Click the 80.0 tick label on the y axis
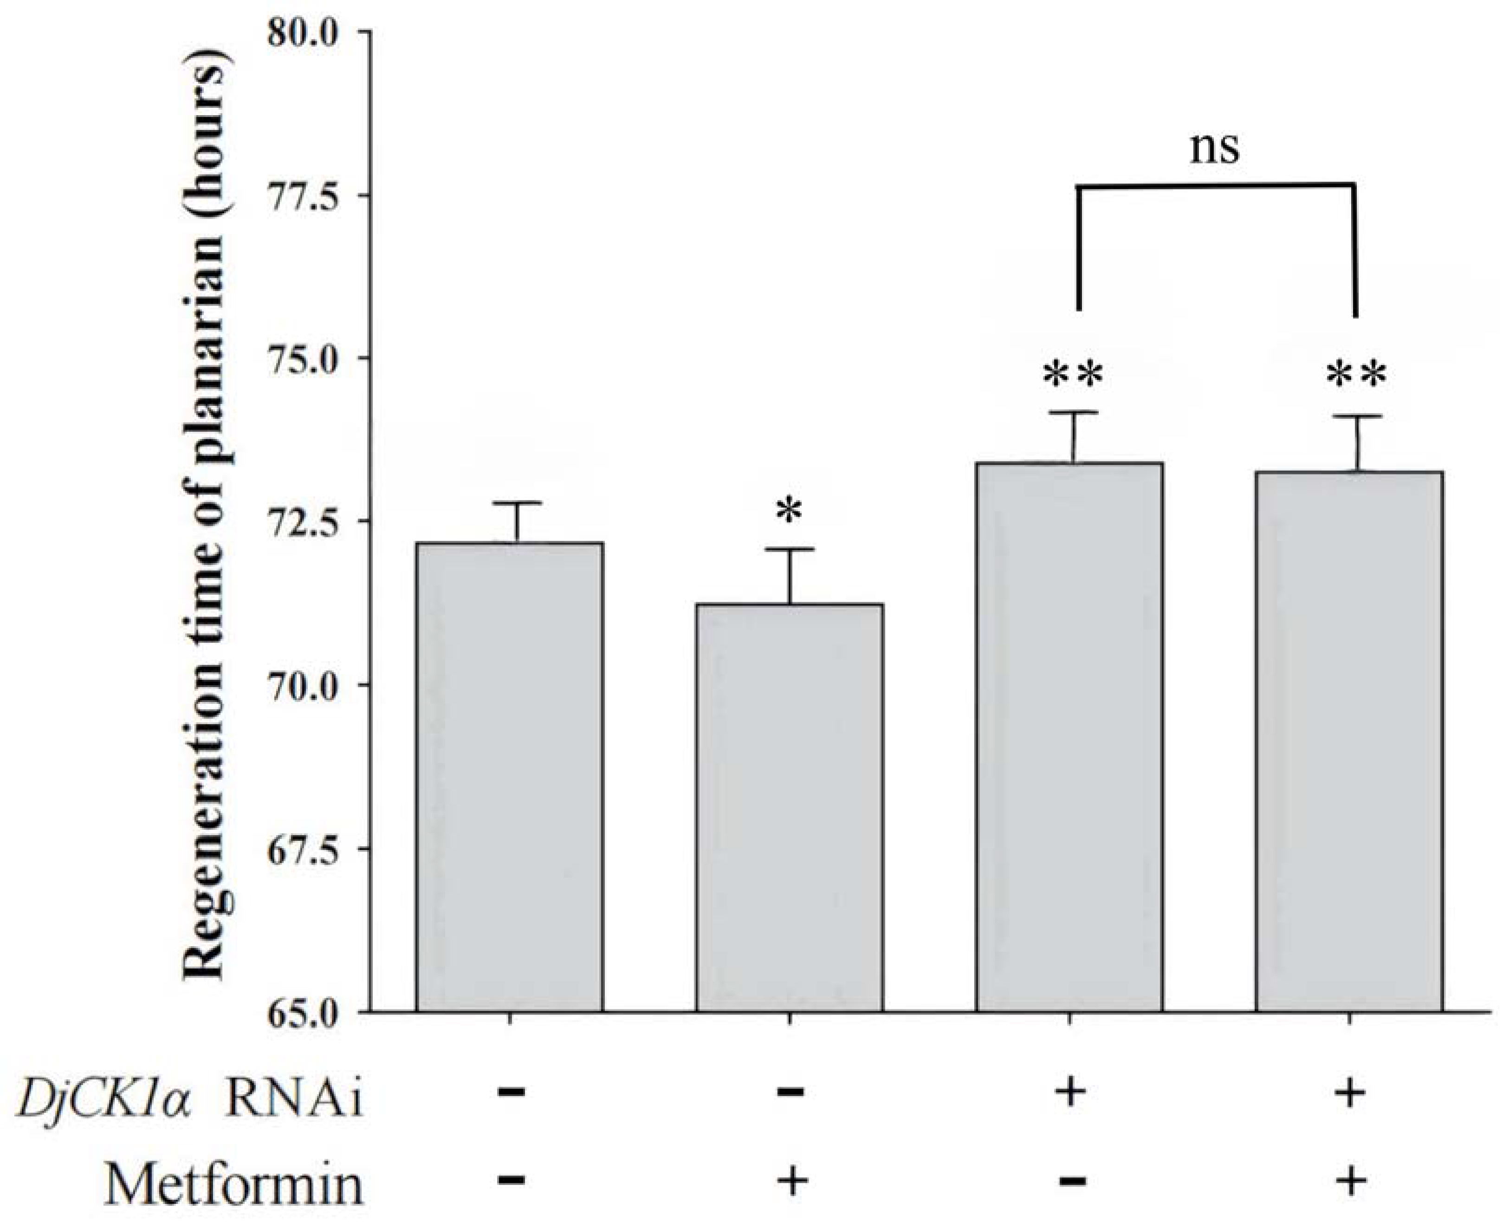pyautogui.click(x=311, y=34)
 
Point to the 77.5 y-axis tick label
pyautogui.click(x=311, y=197)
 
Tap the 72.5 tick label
pyautogui.click(x=311, y=522)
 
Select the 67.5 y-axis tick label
pyautogui.click(x=311, y=849)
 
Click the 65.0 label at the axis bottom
pyautogui.click(x=311, y=1012)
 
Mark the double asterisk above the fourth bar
pyautogui.click(x=1356, y=375)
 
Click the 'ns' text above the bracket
pyautogui.click(x=1214, y=149)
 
